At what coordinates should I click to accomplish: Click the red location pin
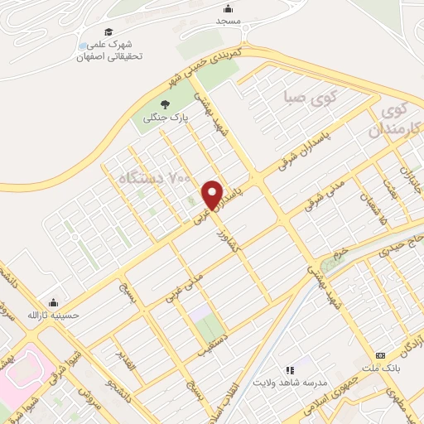coord(213,195)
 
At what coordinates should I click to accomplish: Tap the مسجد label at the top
coord(229,19)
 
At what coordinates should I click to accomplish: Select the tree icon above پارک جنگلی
coord(165,104)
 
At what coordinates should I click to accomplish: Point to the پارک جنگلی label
coord(166,118)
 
